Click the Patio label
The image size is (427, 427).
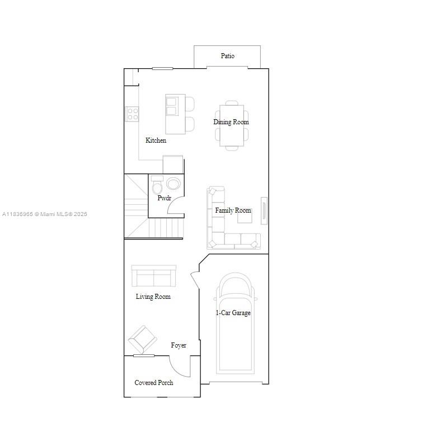point(227,56)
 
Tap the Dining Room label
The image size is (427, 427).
point(231,122)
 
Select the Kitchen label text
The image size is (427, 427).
point(156,140)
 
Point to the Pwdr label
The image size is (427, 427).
point(164,198)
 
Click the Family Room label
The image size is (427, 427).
point(233,210)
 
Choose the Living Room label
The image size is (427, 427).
point(153,297)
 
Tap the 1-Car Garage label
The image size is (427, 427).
point(233,313)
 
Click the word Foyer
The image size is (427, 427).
point(179,345)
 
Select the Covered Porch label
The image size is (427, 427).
point(153,383)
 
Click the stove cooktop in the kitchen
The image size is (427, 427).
point(133,114)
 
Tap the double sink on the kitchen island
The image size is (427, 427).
point(171,106)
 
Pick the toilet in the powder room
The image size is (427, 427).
point(157,185)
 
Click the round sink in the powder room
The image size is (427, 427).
point(173,184)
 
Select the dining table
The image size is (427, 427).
point(231,125)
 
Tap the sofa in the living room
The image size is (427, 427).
point(153,276)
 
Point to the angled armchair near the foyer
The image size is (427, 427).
point(142,339)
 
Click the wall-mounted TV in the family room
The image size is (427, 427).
point(264,210)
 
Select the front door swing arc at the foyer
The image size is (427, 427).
point(180,367)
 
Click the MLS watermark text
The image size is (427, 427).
point(45,214)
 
